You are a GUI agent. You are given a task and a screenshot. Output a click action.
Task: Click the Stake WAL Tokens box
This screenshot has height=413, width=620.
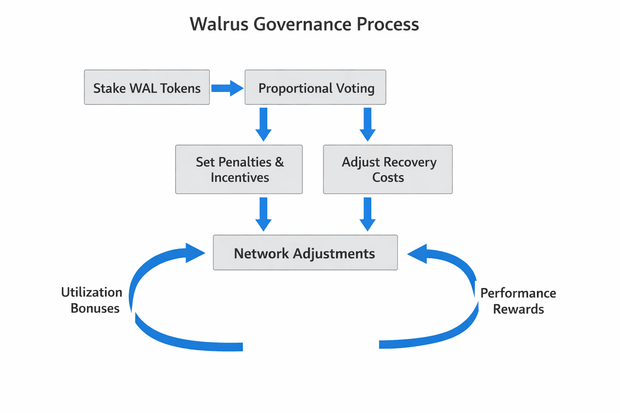click(147, 88)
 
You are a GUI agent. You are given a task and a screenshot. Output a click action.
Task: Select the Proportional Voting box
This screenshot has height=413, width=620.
click(315, 88)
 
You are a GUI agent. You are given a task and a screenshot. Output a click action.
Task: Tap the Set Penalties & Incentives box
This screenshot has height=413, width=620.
click(239, 169)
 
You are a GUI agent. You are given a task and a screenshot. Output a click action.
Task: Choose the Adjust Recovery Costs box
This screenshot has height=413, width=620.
click(387, 169)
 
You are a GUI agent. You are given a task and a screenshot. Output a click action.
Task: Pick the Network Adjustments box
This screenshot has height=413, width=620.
click(305, 253)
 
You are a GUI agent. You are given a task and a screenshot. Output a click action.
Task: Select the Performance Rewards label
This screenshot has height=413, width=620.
click(518, 301)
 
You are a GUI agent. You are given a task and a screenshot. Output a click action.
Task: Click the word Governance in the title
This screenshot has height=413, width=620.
click(302, 24)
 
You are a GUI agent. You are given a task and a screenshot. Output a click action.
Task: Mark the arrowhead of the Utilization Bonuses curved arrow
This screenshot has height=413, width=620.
click(195, 253)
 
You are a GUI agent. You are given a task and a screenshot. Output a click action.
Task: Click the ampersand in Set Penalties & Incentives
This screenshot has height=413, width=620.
click(279, 162)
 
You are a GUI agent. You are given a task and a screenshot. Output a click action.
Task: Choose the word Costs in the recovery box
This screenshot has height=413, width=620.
click(388, 177)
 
